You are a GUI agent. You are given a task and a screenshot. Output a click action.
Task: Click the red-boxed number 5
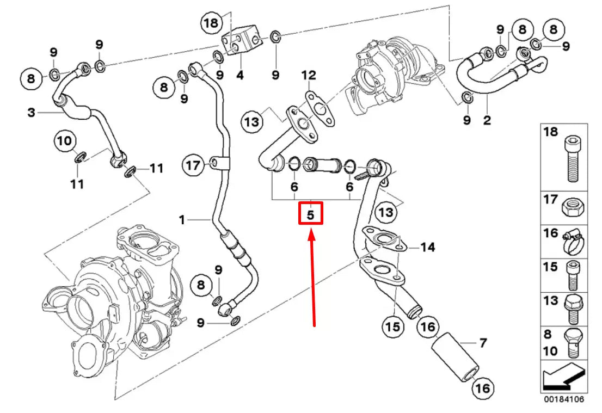click(310, 214)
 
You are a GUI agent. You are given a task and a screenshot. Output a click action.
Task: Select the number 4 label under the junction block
click(239, 76)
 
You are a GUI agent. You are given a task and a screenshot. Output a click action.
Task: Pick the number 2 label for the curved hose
click(487, 119)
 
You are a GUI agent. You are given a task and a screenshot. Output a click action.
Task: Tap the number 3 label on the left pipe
click(31, 113)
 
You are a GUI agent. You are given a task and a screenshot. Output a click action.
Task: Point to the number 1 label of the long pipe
click(182, 220)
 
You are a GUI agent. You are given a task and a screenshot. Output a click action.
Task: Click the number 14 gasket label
click(428, 248)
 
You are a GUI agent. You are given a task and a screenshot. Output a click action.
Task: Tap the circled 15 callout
click(392, 326)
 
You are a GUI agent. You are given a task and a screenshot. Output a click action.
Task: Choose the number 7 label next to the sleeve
click(482, 343)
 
